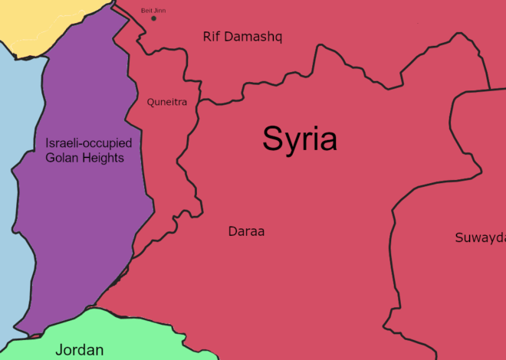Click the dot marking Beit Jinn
tap(153, 18)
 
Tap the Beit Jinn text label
tap(153, 10)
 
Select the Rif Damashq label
tap(242, 37)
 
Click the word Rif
tap(212, 37)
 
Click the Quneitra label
tap(167, 102)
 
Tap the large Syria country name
tap(300, 139)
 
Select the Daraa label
tap(246, 231)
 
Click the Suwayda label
tap(480, 237)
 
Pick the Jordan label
tap(79, 350)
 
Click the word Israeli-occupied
tap(89, 143)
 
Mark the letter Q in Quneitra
tap(151, 102)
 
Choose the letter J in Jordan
tap(59, 350)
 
